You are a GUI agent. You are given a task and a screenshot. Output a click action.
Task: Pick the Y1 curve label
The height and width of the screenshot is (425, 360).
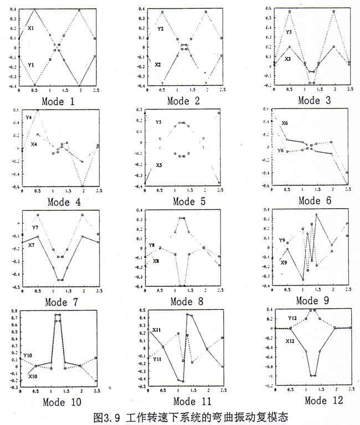(x=31, y=65)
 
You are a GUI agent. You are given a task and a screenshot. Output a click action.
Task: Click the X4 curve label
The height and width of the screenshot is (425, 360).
(x=34, y=144)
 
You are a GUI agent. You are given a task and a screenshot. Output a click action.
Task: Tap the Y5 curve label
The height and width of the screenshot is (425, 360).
(x=158, y=121)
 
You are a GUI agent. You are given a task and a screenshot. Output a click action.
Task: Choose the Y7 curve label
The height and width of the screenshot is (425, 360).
(x=34, y=227)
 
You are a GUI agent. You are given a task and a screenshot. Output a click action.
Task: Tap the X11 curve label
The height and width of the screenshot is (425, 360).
(x=157, y=330)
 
